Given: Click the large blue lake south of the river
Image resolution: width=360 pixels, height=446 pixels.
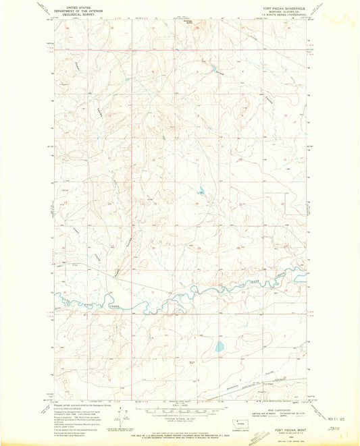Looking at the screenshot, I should point(219,347).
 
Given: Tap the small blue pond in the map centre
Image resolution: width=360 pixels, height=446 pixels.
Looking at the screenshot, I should point(201,190).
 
